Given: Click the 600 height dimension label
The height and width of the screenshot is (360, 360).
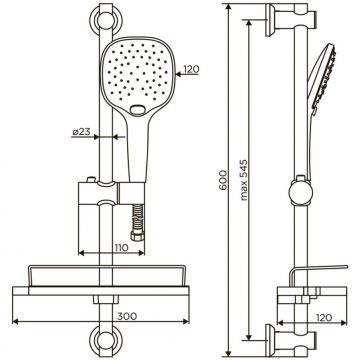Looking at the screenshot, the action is click(223, 180).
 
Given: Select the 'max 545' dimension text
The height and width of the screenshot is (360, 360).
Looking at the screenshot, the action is click(244, 180).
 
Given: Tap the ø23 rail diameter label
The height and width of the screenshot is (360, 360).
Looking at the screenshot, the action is click(81, 132).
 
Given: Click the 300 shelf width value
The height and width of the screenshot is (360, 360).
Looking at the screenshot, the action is click(127, 316).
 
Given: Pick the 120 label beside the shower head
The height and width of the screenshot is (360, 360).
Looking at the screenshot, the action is click(191, 69).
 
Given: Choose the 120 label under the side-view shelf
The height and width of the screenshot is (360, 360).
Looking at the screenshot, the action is click(323, 317).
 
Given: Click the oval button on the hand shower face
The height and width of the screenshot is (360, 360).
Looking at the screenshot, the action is click(137, 109).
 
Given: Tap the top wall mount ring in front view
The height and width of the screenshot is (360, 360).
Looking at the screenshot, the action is click(106, 20).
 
